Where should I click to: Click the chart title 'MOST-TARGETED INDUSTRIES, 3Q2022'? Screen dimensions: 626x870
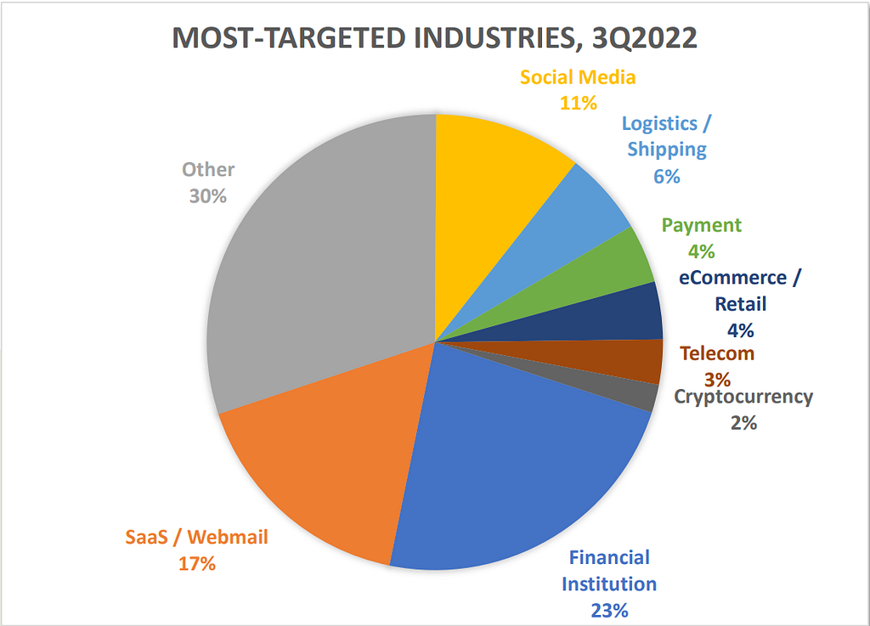click(434, 39)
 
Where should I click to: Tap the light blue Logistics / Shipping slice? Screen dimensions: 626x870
click(578, 212)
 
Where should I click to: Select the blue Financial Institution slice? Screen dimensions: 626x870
click(510, 467)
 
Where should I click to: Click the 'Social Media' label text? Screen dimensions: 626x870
click(578, 78)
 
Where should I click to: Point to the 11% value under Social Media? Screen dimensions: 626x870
click(578, 103)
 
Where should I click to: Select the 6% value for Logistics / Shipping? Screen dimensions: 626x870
click(667, 177)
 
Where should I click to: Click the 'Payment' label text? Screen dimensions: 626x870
click(702, 226)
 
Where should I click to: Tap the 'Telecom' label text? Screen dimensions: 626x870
click(717, 354)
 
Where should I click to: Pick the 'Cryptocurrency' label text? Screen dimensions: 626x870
click(743, 397)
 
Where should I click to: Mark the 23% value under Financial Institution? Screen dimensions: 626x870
click(612, 610)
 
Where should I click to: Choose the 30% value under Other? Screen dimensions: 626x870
click(208, 195)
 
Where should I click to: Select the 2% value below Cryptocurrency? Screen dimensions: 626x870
click(743, 421)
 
